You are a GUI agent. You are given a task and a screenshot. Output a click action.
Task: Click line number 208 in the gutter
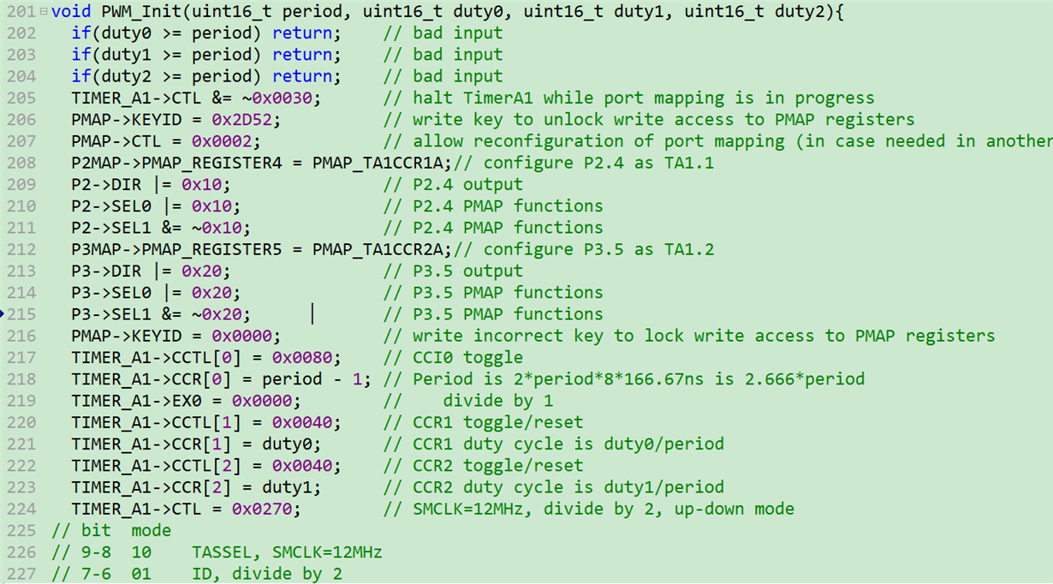[21, 163]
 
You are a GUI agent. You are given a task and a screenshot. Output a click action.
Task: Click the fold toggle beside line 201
[44, 12]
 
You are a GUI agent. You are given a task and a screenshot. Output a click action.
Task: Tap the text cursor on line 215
[312, 314]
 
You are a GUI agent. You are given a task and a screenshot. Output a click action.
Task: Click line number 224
[21, 509]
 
